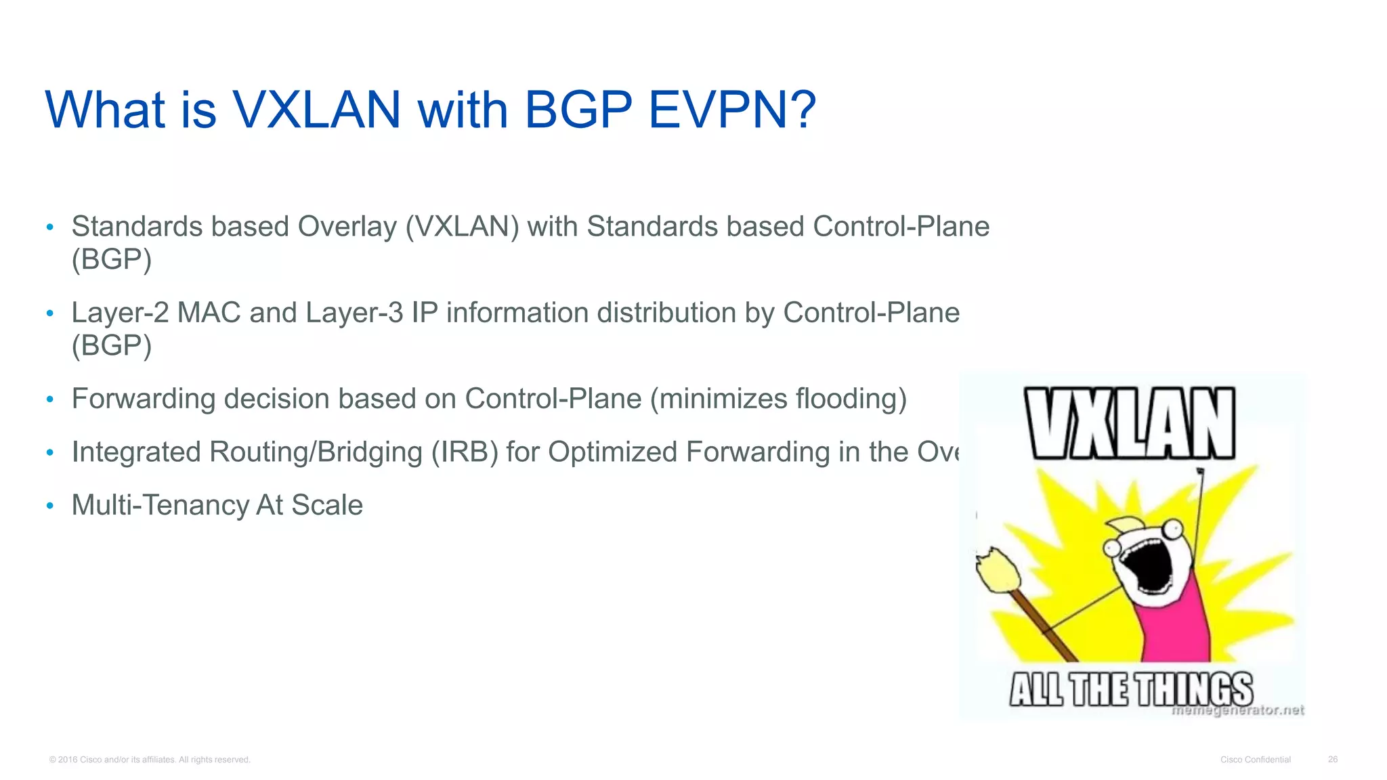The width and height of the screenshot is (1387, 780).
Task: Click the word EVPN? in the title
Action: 731,110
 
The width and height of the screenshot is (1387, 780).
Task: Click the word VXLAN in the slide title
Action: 317,110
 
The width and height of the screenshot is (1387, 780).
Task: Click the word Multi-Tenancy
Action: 160,505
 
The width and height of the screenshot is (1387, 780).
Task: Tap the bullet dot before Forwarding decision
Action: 49,399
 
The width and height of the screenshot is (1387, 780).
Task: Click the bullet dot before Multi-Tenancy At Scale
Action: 49,506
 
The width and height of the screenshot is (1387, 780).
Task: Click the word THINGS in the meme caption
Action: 1193,690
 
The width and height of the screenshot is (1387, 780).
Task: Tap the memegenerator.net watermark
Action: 1237,710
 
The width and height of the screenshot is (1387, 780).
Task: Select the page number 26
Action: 1332,760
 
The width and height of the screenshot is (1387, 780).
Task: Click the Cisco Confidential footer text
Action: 1255,760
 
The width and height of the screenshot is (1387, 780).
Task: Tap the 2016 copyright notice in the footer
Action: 150,760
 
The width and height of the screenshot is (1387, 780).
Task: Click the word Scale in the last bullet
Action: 327,505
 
